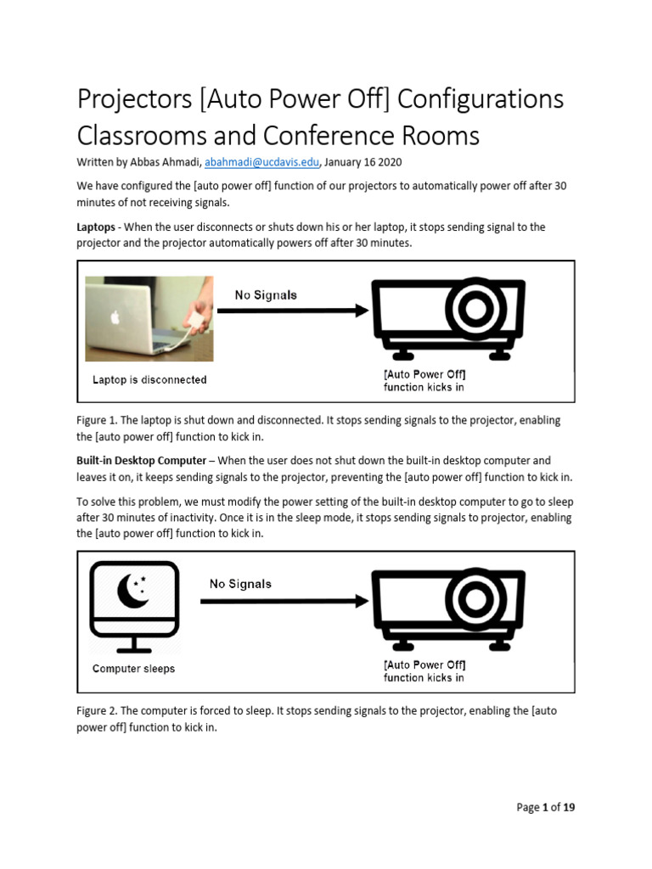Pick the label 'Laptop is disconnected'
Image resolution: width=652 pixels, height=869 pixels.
pyautogui.click(x=149, y=379)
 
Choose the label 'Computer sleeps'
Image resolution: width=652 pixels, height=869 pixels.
pyautogui.click(x=133, y=669)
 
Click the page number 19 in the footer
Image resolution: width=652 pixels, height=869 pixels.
pyautogui.click(x=567, y=808)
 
